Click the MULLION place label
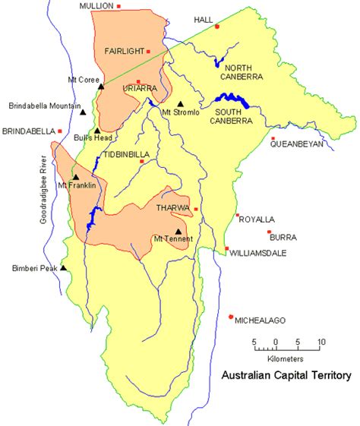tap(96, 6)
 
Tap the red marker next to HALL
tap(216, 27)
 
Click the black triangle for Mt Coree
tap(101, 87)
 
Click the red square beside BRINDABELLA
tap(60, 131)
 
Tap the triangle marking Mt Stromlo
tap(181, 105)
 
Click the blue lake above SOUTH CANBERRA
tap(232, 98)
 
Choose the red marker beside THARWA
tap(196, 209)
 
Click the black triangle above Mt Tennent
tap(178, 232)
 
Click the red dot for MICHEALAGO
tap(231, 317)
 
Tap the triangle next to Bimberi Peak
tap(64, 267)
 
